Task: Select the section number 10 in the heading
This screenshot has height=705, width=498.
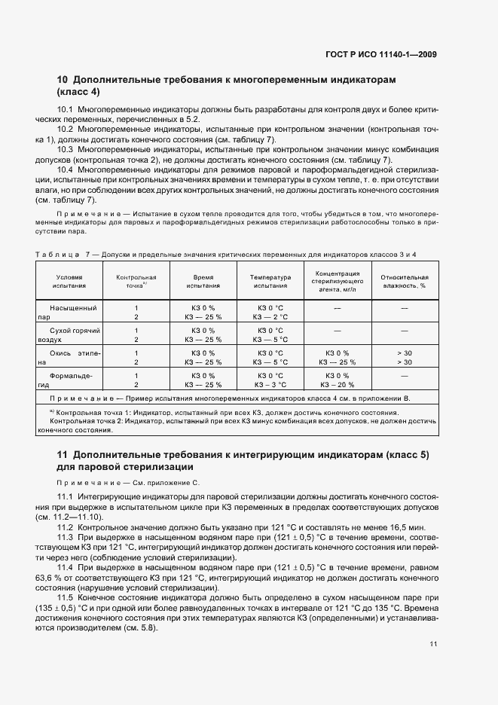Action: point(63,79)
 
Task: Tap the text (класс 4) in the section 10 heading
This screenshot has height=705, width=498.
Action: point(78,92)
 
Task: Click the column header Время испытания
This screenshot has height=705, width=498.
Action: point(203,282)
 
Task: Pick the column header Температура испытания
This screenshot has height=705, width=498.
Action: point(270,282)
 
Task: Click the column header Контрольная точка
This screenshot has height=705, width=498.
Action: point(136,282)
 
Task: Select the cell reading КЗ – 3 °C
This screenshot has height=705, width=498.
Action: point(270,384)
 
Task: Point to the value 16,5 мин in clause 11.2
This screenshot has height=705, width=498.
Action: point(411,526)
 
